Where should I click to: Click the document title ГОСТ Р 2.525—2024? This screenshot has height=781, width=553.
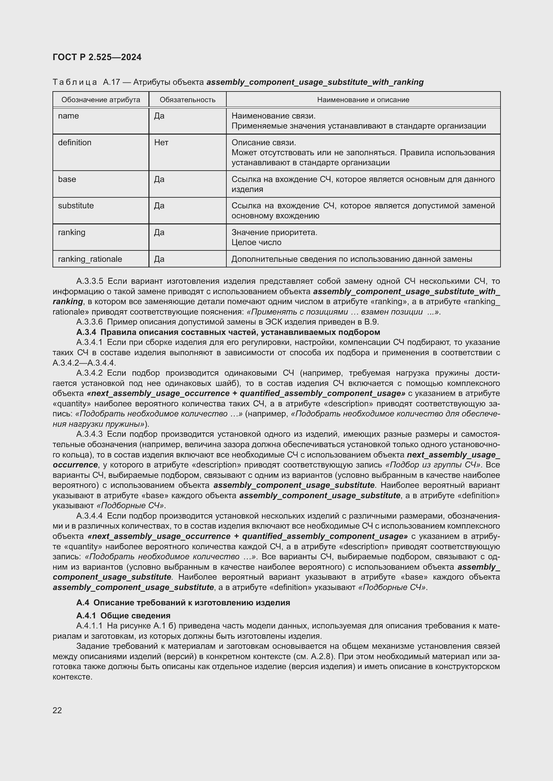pyautogui.click(x=97, y=57)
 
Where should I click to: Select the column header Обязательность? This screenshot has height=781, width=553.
pyautogui.click(x=187, y=100)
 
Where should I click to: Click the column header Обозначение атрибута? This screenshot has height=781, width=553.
pyautogui.click(x=100, y=100)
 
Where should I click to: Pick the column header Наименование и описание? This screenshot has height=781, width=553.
pyautogui.click(x=363, y=100)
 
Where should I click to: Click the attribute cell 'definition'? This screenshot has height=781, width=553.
pyautogui.click(x=75, y=143)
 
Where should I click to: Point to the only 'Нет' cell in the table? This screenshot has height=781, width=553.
pyautogui.click(x=161, y=143)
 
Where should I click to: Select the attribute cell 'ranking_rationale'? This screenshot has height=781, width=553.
pyautogui.click(x=90, y=259)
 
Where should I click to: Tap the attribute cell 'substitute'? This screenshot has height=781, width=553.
pyautogui.click(x=76, y=206)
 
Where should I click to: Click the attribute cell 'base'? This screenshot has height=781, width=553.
pyautogui.click(x=67, y=179)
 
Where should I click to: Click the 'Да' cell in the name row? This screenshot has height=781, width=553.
pyautogui.click(x=159, y=116)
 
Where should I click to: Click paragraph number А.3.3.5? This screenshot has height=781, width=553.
pyautogui.click(x=90, y=281)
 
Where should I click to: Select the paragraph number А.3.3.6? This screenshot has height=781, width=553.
pyautogui.click(x=90, y=322)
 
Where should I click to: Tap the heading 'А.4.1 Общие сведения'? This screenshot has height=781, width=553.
pyautogui.click(x=123, y=616)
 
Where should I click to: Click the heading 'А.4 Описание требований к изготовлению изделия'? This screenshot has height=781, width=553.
pyautogui.click(x=183, y=603)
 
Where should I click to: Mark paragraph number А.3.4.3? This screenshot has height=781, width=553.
pyautogui.click(x=90, y=434)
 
